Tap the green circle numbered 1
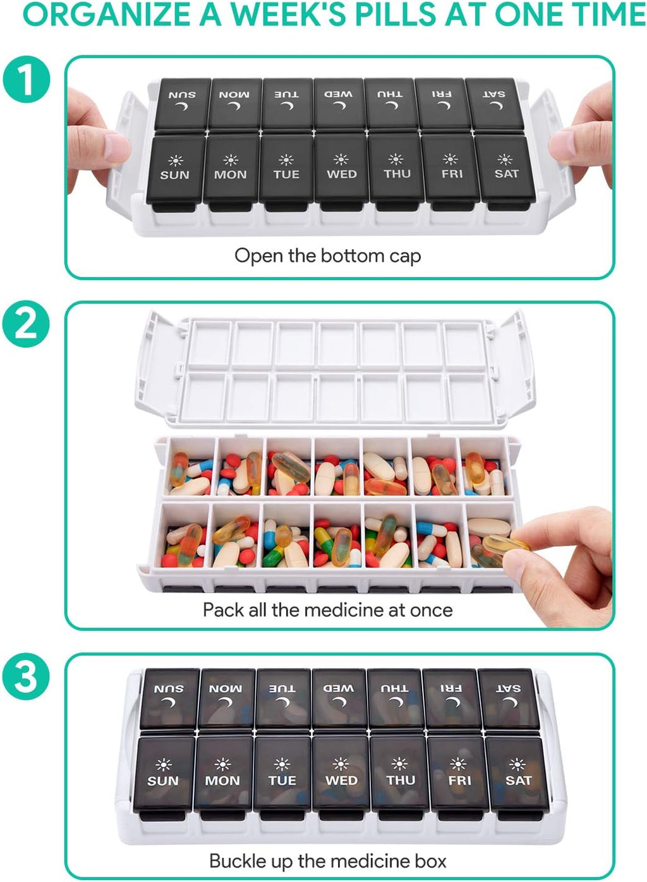point(27,79)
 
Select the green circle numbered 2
point(26,324)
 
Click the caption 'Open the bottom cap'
point(327,256)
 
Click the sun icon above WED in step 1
point(341,159)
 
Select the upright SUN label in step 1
point(174,175)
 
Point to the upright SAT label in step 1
point(506,173)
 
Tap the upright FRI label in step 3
point(459,780)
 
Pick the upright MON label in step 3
point(222,780)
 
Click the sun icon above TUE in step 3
point(282,764)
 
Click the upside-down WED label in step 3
point(339,689)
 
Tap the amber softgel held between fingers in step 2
point(505,544)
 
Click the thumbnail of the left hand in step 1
point(117,145)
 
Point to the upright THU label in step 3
point(401,780)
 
